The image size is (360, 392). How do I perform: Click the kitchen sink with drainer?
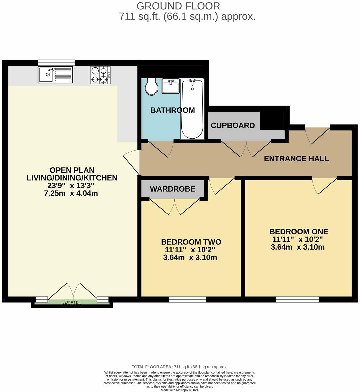(x=55, y=74)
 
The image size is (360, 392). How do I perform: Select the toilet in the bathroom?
(x=152, y=86)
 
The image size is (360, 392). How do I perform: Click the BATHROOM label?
(x=172, y=110)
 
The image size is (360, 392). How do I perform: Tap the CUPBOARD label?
(x=233, y=126)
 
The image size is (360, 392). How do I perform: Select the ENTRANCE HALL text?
(x=296, y=159)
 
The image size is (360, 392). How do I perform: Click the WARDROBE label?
(x=172, y=189)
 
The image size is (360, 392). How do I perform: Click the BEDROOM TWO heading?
(x=191, y=242)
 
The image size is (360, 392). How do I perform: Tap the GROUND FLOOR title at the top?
(x=178, y=6)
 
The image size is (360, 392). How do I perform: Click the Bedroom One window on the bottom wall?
(x=297, y=299)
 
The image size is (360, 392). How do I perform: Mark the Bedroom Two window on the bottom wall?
(x=187, y=299)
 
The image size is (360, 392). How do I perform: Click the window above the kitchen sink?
(x=56, y=62)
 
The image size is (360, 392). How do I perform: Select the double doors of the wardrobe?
(x=175, y=206)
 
